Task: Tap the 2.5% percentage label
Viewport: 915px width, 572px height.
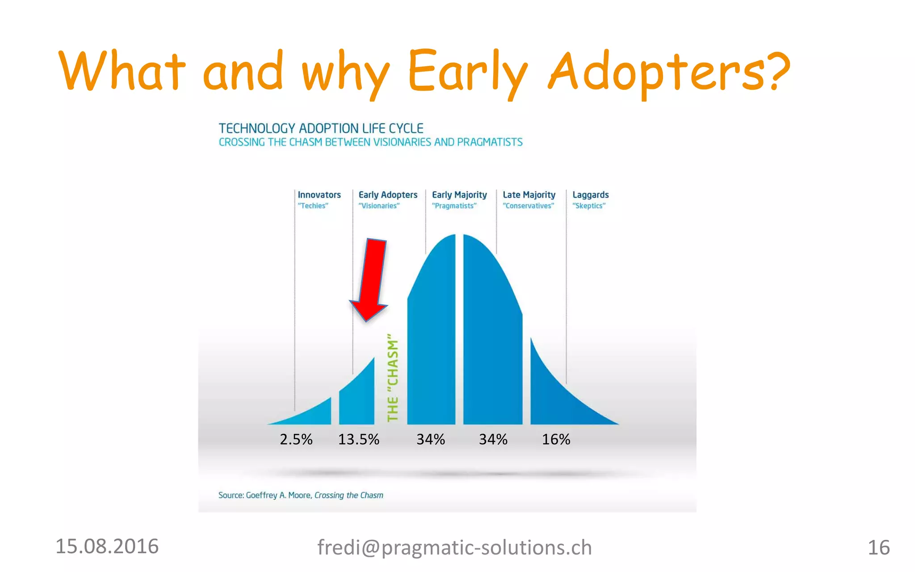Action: coord(296,439)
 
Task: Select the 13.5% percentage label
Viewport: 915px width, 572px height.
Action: coord(358,439)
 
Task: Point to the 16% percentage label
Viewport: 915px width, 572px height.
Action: coord(556,439)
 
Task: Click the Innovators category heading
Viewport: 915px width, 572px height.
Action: coord(319,195)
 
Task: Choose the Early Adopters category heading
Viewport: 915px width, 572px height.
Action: coord(388,195)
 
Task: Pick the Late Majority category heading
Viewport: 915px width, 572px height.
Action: coord(529,195)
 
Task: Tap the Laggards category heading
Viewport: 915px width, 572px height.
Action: coord(590,195)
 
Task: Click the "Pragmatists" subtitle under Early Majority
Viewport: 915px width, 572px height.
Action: coord(454,206)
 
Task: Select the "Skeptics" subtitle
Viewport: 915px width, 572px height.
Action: coord(589,206)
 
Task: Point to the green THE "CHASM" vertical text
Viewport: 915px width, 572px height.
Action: coord(393,378)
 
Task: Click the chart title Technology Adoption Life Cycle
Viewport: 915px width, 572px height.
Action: coord(321,129)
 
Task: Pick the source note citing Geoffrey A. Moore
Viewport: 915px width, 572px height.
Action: coord(301,495)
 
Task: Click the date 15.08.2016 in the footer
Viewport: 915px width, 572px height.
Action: coord(107,547)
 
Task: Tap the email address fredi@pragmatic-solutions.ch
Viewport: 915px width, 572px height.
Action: coord(454,547)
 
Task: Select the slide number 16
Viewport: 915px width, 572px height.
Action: coord(878,547)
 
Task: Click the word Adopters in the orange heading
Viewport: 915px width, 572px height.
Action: coord(669,71)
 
